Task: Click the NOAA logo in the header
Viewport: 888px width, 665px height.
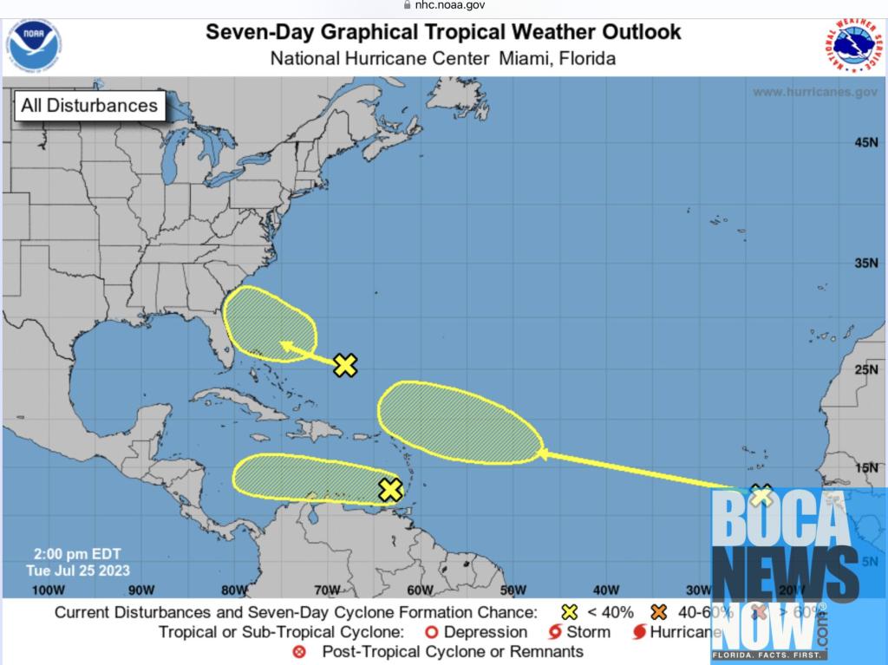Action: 36,45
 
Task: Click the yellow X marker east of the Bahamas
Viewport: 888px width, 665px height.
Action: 345,366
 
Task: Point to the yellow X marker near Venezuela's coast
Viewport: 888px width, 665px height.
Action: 390,490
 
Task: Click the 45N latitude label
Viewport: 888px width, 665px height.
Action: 866,142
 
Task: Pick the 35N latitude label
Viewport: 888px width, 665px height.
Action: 866,264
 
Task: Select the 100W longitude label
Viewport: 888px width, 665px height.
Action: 49,591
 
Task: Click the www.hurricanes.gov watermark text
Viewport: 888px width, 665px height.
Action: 814,92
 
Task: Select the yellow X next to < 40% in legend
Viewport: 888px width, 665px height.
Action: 570,612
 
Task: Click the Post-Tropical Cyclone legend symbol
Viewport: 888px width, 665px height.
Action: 299,652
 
